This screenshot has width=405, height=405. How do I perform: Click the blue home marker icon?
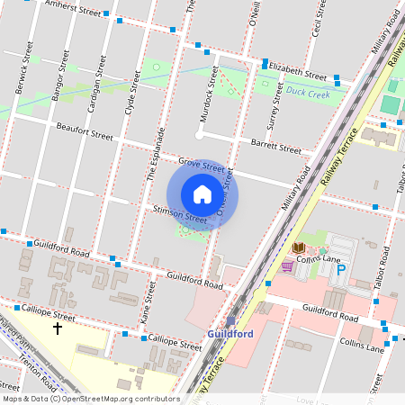click(202, 194)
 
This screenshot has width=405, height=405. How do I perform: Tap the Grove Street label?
click(201, 166)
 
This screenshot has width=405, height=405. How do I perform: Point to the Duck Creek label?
click(308, 92)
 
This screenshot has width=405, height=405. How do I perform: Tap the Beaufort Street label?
click(83, 132)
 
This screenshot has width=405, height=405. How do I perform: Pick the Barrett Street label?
click(276, 145)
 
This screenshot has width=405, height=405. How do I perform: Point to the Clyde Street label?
click(131, 94)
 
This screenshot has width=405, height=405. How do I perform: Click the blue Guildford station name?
click(229, 334)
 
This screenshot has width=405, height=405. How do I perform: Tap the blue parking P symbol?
click(341, 268)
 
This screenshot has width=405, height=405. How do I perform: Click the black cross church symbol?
click(58, 328)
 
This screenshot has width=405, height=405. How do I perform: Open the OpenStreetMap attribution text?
click(90, 398)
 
